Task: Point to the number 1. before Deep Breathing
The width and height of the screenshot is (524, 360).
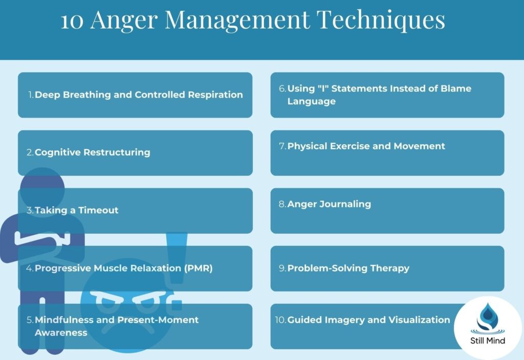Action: tap(31, 95)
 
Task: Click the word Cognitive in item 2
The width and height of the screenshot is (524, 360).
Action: tap(57, 152)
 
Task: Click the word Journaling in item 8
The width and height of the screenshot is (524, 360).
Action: tap(346, 204)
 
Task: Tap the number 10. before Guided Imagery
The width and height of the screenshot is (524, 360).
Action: tap(280, 320)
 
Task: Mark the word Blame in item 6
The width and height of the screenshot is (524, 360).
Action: tap(456, 88)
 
